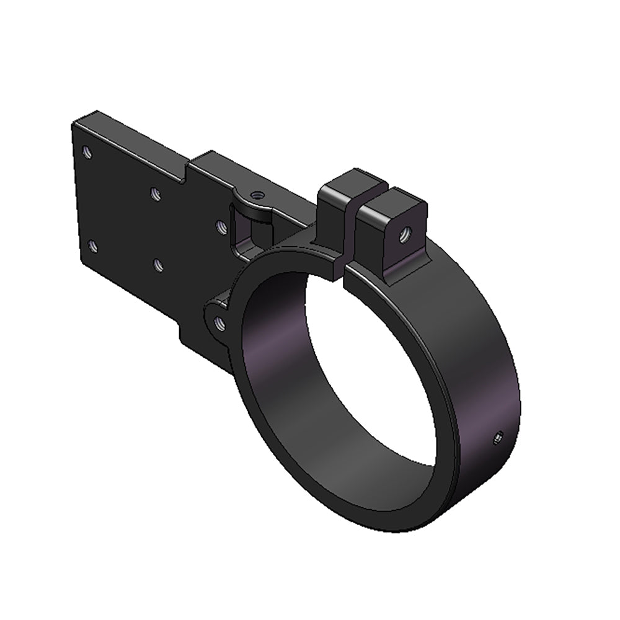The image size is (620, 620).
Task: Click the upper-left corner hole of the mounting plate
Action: (x=87, y=151)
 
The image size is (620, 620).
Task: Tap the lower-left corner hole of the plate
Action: (x=93, y=246)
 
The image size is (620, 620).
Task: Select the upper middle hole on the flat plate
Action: (x=156, y=193)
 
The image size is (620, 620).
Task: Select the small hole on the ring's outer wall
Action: (x=497, y=439)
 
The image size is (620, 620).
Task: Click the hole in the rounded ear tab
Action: (x=219, y=322)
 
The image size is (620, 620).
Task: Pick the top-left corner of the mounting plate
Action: (x=73, y=124)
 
